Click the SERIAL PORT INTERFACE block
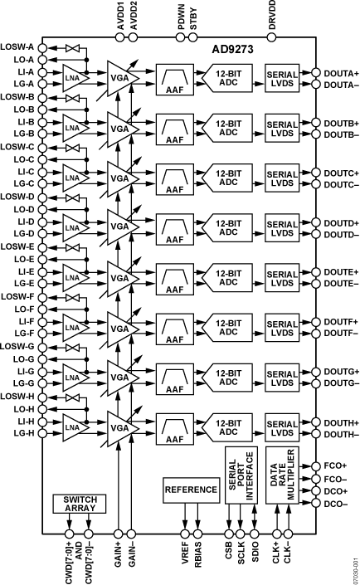pos(236,478)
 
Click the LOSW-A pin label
pos(18,46)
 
